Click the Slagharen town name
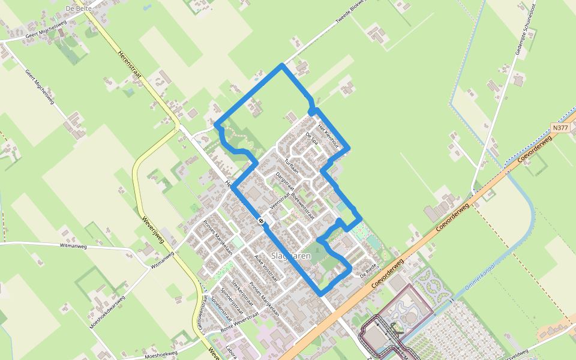[x=291, y=256]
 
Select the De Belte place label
[x=78, y=10]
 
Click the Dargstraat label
[x=281, y=181]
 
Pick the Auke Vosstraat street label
[x=268, y=268]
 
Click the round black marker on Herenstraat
[x=261, y=221]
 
